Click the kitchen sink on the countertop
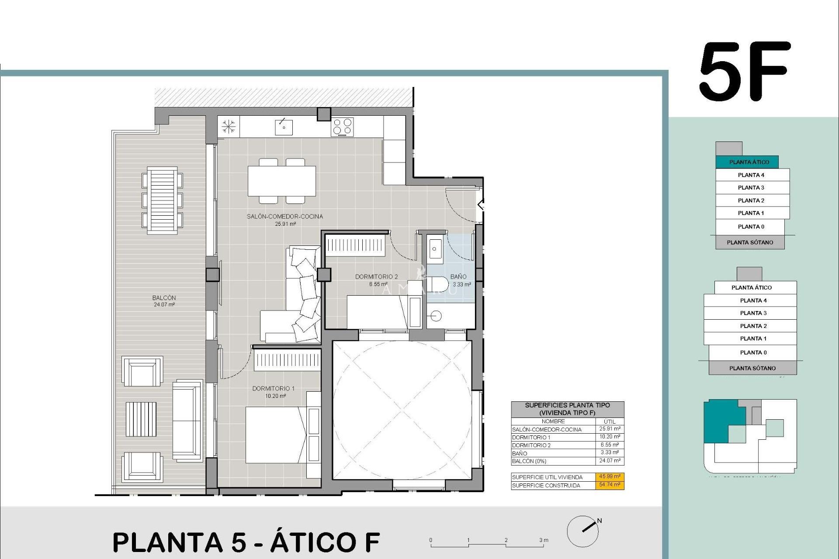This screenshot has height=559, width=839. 284,127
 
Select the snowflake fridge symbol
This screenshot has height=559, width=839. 229,127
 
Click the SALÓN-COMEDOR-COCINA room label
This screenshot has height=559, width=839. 284,217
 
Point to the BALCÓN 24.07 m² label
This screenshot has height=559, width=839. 164,301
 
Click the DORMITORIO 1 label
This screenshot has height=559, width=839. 273,389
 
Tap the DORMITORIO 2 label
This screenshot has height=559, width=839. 376,277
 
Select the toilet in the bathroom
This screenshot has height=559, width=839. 437,284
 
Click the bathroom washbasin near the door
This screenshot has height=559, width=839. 434,249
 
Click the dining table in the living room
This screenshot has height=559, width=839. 282,181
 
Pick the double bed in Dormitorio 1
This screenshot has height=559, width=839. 275,435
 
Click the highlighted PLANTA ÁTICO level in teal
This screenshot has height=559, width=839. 749,162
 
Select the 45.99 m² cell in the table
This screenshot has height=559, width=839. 610,477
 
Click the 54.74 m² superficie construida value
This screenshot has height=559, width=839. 610,485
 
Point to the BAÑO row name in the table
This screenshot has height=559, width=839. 520,453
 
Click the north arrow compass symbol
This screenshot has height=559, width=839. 583,531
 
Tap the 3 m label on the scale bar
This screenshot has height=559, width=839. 543,540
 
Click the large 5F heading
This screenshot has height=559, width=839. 745,72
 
